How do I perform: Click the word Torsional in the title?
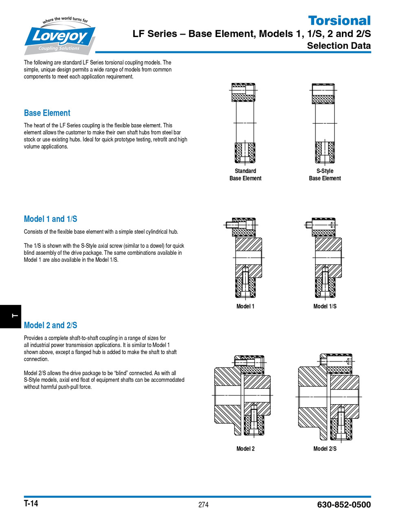point(339,20)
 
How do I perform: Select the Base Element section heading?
point(47,113)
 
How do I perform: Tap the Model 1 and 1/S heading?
point(50,219)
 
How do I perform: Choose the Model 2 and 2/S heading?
point(50,325)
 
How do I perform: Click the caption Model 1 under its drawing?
point(245,306)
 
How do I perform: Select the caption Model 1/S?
point(325,306)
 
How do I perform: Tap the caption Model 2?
point(245,449)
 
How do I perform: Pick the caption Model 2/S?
point(325,449)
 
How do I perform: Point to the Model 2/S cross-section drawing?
point(329,397)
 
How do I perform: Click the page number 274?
point(203,505)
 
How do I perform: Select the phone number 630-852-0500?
point(344,505)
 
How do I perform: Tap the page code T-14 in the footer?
point(31,503)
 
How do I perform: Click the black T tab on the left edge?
point(10,316)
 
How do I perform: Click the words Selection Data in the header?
point(339,46)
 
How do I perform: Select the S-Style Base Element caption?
point(325,175)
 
